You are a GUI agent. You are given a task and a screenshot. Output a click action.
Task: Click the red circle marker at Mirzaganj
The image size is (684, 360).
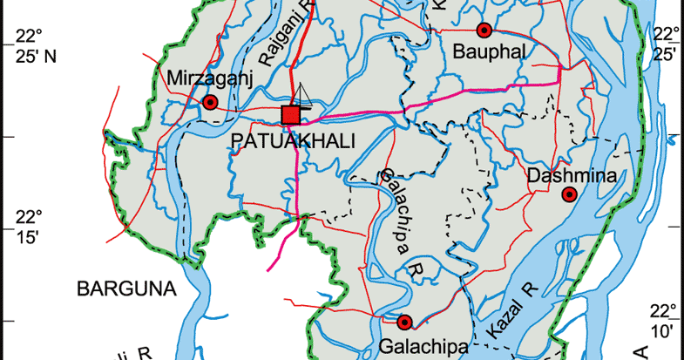coord(209,103)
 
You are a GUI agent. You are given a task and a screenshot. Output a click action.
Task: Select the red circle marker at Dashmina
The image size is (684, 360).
coord(569,194)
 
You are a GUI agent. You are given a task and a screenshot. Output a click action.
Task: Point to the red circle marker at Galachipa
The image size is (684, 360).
coord(403,321)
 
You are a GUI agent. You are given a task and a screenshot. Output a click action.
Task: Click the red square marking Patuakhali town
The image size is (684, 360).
coord(291,115)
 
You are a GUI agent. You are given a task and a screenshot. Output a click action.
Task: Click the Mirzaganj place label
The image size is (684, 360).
coord(209,79)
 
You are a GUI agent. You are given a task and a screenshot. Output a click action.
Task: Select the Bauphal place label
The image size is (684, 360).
coord(490,52)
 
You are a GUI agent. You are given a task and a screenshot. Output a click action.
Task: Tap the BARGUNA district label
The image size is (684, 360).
coord(125,288)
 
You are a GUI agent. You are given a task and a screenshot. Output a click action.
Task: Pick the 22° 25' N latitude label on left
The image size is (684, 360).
coord(28,46)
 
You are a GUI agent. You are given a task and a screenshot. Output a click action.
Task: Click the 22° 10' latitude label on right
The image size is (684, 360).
coord(664,320)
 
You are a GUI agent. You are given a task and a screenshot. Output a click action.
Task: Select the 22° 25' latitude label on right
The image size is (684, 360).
coord(666,44)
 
